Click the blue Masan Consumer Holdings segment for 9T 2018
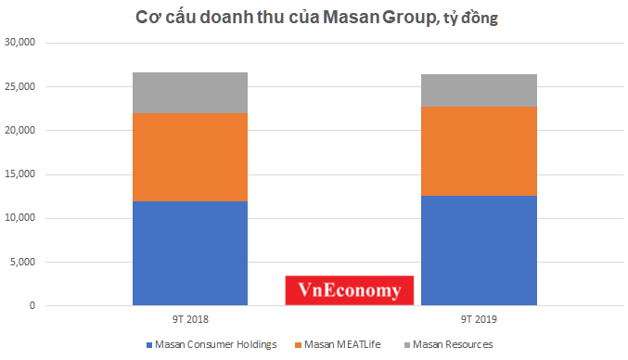tap(189, 252)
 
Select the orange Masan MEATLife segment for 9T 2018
tap(189, 157)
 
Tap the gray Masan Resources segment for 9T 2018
tap(189, 93)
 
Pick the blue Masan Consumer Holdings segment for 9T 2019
tap(479, 251)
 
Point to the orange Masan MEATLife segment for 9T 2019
tap(479, 151)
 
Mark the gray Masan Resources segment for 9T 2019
tap(479, 91)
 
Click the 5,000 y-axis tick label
tap(21, 263)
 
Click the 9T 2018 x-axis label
tap(189, 320)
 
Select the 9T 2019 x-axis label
tap(479, 320)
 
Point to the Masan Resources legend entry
tap(448, 345)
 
